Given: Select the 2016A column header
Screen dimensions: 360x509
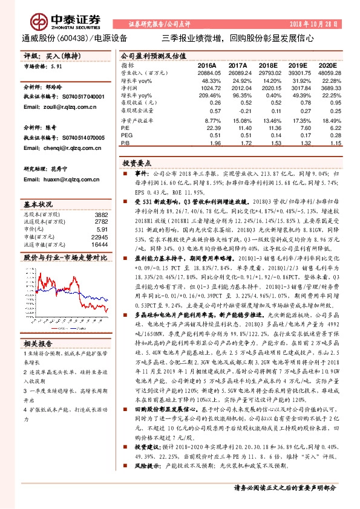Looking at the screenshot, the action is tap(207, 64).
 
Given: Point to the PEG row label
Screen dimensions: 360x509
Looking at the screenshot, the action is tap(127, 135).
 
